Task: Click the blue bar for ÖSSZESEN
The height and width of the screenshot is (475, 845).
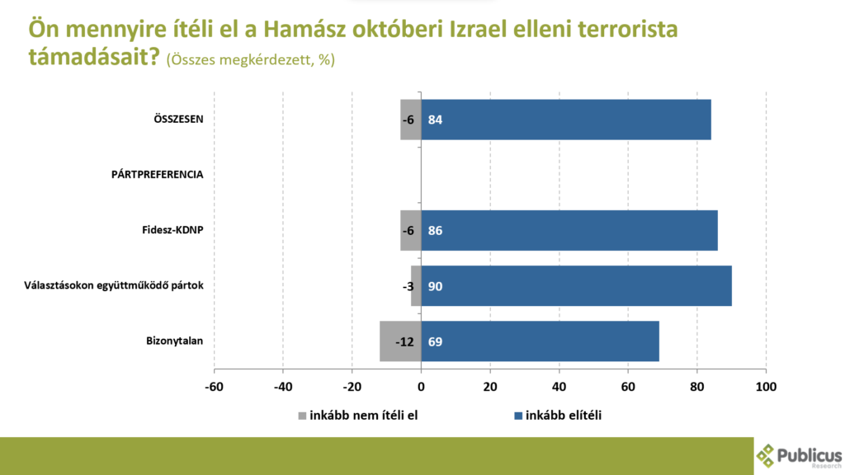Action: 566,120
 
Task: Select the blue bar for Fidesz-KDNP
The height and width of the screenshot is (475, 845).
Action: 569,230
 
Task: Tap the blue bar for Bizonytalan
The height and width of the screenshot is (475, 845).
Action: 541,341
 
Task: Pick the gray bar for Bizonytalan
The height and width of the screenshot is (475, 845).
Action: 400,341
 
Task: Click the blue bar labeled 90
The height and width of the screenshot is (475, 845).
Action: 576,286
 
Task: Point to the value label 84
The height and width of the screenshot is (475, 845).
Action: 436,120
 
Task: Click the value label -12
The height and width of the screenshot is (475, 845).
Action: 404,341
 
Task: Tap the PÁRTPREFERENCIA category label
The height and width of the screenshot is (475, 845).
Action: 158,175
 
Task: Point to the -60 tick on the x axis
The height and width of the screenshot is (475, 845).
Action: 214,386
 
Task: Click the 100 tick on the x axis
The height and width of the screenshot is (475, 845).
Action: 767,386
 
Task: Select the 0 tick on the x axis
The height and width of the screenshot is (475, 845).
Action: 421,386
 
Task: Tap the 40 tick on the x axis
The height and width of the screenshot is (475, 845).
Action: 559,386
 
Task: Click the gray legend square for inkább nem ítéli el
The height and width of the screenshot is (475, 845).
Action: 301,415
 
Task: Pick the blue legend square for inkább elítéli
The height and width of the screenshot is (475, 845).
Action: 517,415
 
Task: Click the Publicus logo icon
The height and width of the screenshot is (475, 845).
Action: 766,455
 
